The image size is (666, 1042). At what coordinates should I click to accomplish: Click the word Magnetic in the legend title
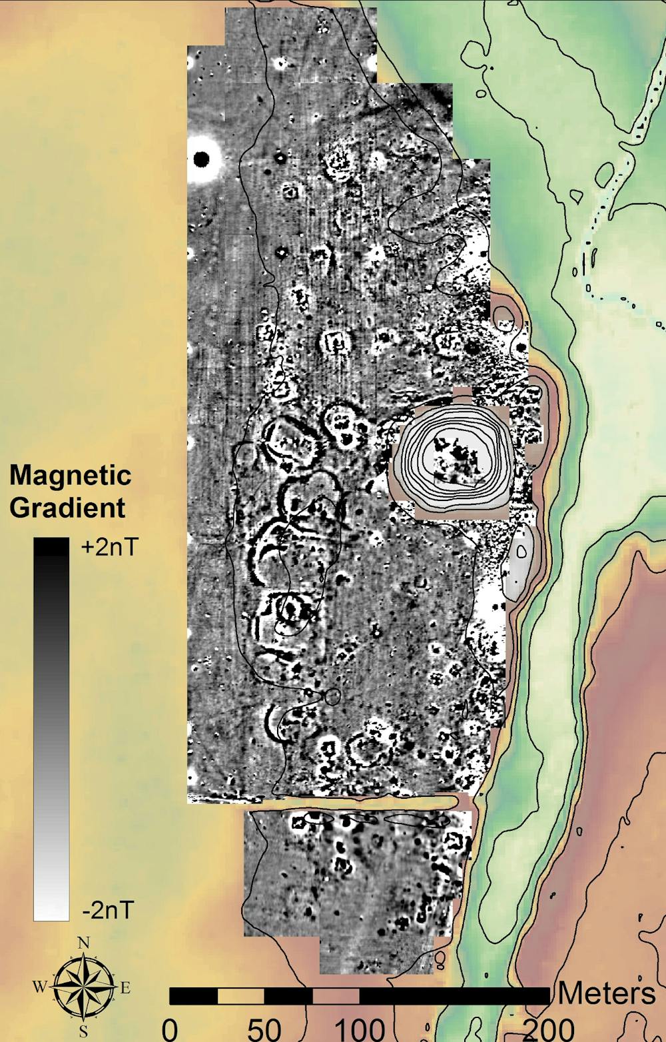70,476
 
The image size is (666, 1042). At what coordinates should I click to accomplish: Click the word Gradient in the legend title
67,508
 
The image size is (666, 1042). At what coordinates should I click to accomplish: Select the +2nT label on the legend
109,548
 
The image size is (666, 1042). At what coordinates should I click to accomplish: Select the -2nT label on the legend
108,909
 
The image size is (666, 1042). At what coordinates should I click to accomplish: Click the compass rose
83,988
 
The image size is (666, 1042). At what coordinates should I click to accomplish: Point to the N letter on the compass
84,943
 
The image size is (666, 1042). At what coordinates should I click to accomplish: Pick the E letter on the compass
125,988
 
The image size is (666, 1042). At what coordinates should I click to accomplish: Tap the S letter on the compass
84,1032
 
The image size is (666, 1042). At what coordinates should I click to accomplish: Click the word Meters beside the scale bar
606,993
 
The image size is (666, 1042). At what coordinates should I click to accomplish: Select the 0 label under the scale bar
170,1029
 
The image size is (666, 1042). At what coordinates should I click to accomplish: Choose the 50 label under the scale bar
264,1029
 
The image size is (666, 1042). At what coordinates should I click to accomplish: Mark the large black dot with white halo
201,159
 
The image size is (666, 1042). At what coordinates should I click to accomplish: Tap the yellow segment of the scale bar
240,996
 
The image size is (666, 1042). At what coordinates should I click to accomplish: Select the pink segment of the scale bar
336,996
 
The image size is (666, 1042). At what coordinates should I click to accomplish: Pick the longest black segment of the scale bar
454,996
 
